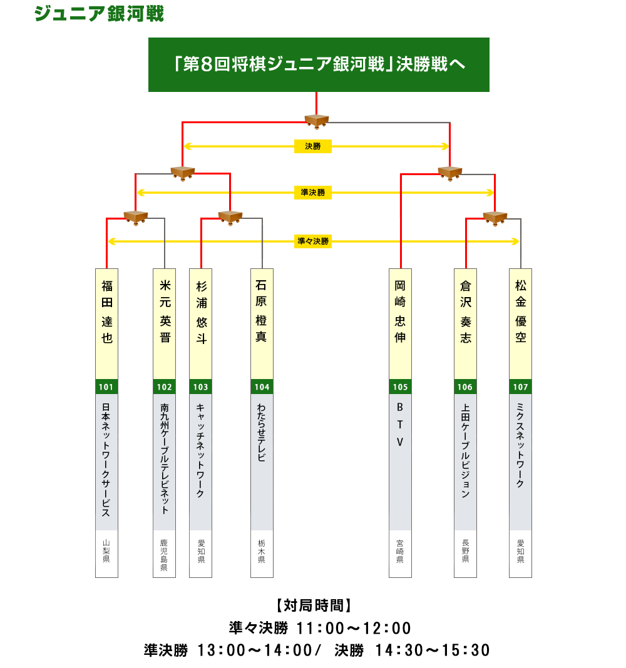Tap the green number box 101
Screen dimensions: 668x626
106,387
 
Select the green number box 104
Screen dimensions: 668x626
262,387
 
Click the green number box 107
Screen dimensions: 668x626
520,387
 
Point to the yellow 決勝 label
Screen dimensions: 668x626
313,146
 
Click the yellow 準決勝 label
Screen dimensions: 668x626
313,193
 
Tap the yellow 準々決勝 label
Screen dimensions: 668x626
313,241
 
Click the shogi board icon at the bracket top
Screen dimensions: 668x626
317,120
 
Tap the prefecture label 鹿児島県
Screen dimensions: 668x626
165,555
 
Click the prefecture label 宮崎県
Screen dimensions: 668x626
400,552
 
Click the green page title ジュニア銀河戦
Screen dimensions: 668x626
99,14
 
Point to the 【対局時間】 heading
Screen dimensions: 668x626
313,605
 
